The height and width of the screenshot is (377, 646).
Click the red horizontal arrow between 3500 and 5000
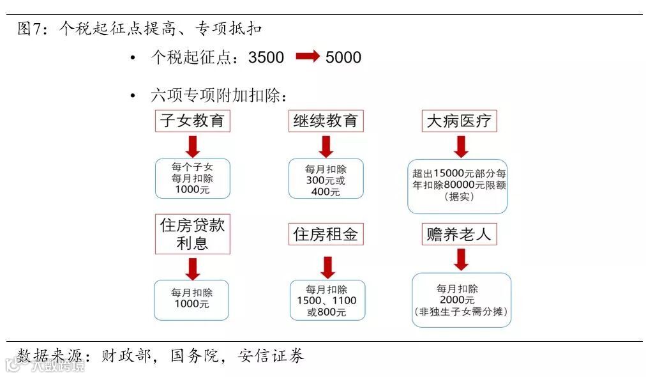point(307,57)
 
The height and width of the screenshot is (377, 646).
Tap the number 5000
point(343,58)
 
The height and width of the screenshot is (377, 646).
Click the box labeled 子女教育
point(192,120)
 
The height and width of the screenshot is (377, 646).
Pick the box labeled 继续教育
point(326,120)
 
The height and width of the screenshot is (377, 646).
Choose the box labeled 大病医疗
point(459,120)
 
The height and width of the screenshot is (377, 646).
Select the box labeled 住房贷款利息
point(192,234)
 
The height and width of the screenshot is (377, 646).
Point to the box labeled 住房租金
point(326,234)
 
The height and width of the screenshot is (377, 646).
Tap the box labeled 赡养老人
point(459,234)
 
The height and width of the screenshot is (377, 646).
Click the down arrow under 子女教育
point(192,146)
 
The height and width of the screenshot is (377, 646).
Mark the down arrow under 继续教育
point(326,146)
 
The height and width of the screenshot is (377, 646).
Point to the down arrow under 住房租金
point(327,266)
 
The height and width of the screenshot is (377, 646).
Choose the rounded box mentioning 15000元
point(458,185)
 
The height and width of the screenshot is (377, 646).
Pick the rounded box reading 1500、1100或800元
point(327,300)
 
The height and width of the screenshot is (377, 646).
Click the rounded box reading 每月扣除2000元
point(461,300)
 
